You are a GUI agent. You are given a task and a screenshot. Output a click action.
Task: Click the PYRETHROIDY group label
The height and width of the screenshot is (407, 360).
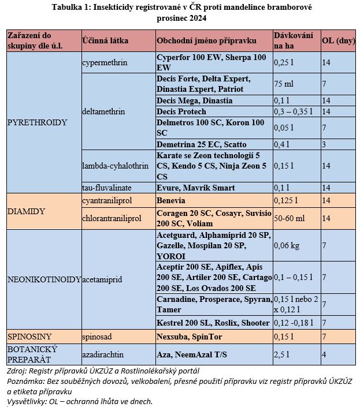[37, 123]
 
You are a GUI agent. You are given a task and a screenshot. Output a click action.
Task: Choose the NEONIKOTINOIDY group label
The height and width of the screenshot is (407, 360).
[43, 279]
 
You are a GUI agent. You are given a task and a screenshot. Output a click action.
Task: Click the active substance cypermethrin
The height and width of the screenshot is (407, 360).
[105, 62]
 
